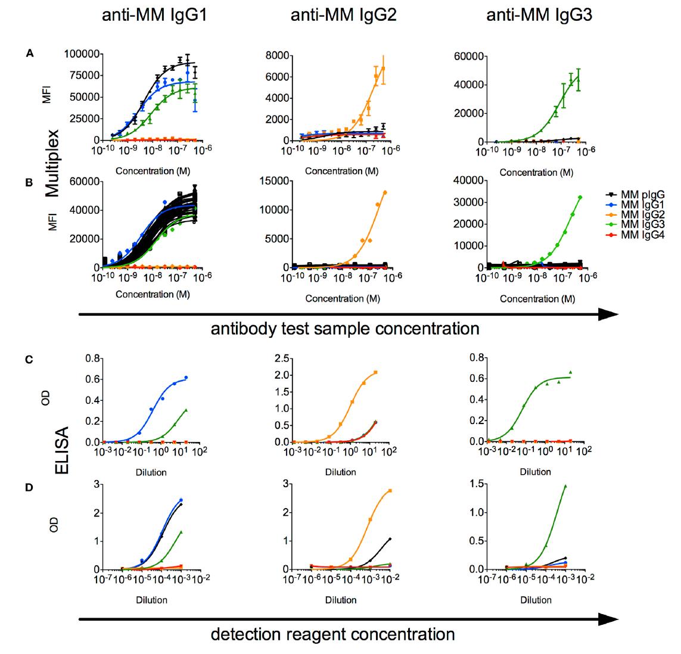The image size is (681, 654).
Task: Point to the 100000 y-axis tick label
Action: click(82, 54)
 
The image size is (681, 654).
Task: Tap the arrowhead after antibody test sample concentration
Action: click(608, 314)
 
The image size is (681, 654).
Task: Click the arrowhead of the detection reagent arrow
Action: click(608, 620)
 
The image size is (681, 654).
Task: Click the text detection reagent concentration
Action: click(332, 634)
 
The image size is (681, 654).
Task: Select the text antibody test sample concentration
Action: click(345, 329)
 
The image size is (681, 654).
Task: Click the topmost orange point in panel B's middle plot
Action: click(385, 192)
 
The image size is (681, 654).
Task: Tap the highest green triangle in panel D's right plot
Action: click(565, 486)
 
